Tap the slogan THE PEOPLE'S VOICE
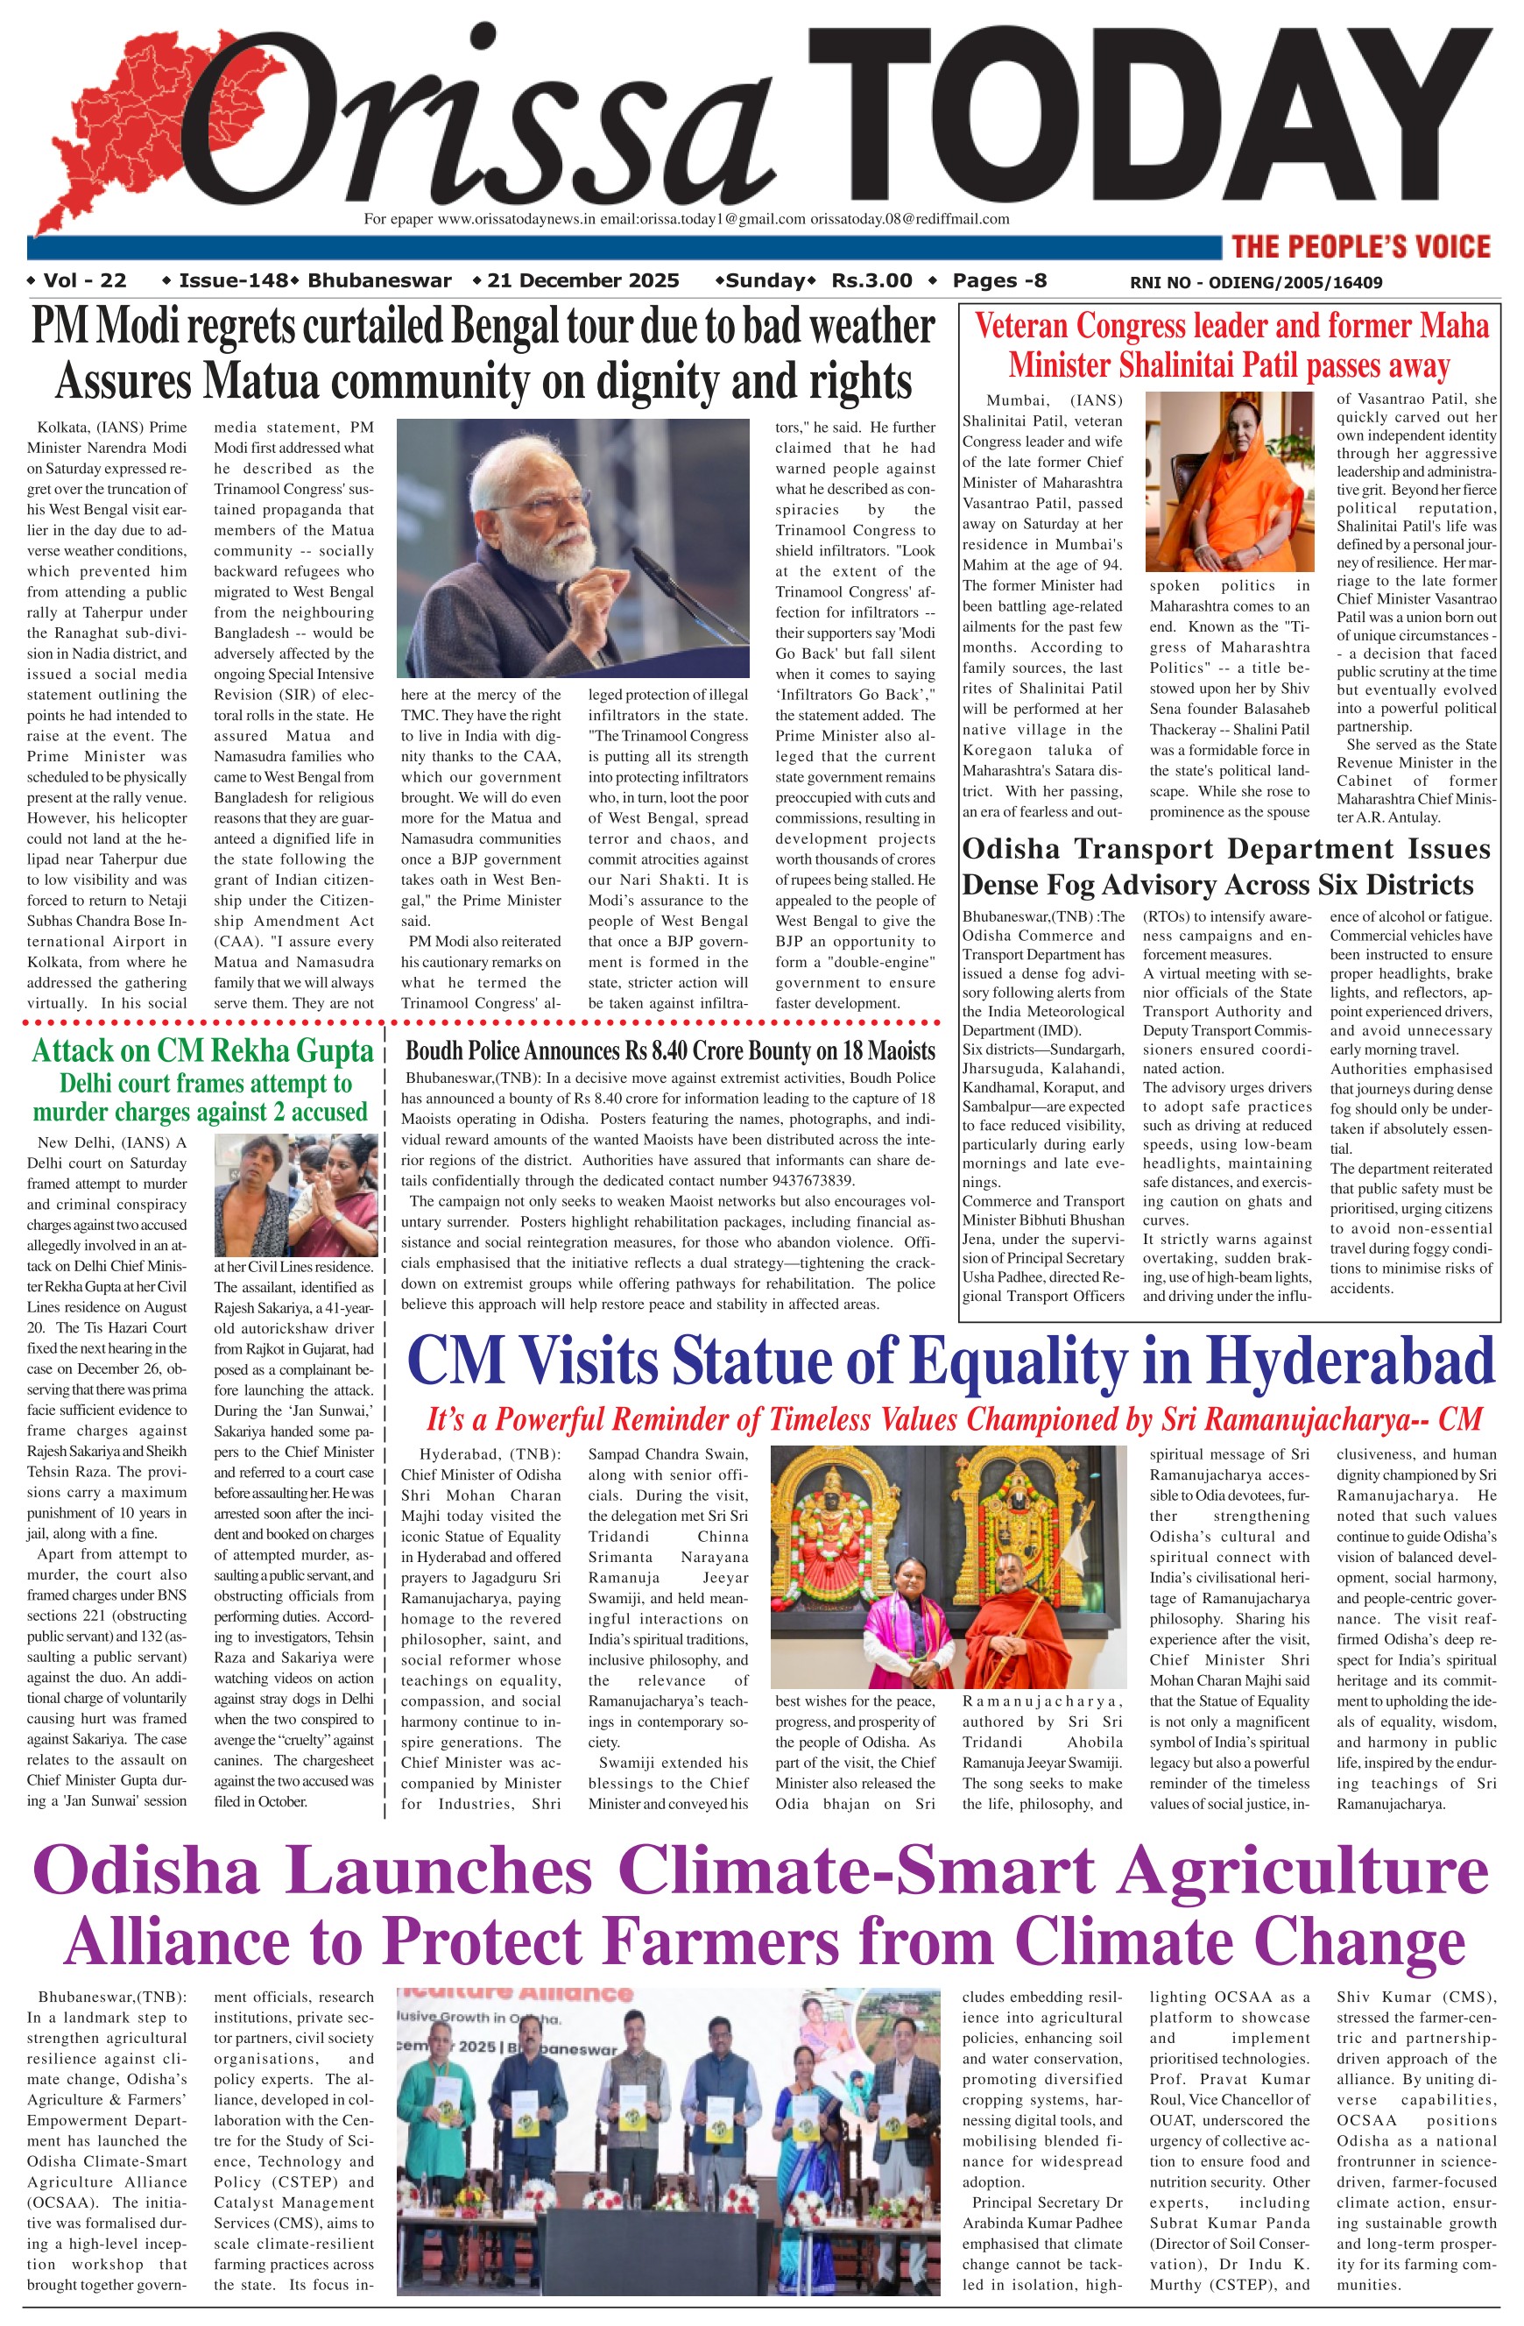pyautogui.click(x=1360, y=246)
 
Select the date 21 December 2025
pyautogui.click(x=582, y=281)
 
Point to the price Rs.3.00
pyautogui.click(x=871, y=281)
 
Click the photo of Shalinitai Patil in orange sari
pyautogui.click(x=1229, y=481)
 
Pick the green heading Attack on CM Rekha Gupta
pyautogui.click(x=203, y=1051)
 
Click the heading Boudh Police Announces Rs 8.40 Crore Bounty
pyautogui.click(x=670, y=1051)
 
